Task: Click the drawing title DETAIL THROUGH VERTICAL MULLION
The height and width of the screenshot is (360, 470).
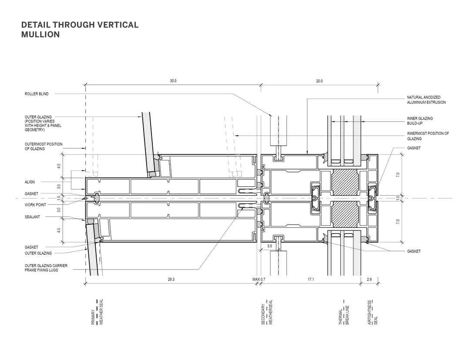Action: (80, 29)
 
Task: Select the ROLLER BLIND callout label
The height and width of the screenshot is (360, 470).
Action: (37, 94)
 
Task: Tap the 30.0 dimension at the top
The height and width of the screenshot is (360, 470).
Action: (173, 81)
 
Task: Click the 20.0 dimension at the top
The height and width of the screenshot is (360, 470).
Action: (319, 81)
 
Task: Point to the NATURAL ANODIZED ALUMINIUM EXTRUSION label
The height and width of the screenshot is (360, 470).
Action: (426, 100)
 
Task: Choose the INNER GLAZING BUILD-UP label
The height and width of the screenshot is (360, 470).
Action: (420, 120)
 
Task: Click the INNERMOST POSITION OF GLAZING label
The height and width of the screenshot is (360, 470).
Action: (428, 136)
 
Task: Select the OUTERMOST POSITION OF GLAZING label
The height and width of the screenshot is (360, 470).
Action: (44, 147)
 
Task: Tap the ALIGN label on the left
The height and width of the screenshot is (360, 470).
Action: (30, 182)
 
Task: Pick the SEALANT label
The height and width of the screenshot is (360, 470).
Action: (32, 217)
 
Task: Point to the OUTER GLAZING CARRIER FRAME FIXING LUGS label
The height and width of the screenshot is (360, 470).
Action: (46, 268)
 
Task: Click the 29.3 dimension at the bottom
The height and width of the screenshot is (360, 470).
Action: (171, 280)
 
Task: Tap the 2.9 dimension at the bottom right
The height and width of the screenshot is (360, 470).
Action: (369, 280)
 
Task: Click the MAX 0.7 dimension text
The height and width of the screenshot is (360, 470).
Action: (259, 280)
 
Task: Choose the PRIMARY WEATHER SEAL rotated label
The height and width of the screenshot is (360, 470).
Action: (97, 312)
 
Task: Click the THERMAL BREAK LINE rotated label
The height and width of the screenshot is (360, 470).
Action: (344, 312)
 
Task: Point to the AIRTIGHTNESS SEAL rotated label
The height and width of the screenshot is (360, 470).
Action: (373, 312)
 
